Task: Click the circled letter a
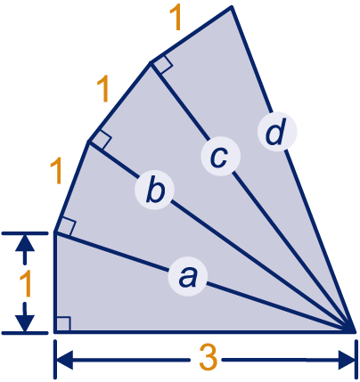tap(187, 277)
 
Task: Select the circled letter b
tap(154, 190)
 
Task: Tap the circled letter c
tap(220, 156)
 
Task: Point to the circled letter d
tap(277, 132)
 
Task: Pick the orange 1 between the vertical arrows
tap(26, 284)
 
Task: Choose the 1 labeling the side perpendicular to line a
tap(56, 171)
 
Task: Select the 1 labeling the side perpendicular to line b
tap(102, 89)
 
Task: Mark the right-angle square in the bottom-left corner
tap(63, 324)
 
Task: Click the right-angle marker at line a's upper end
tap(66, 228)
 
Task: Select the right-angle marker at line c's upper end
tap(162, 64)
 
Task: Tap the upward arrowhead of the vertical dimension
tap(25, 242)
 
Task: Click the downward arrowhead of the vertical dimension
tap(25, 323)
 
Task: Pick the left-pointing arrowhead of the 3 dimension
tap(64, 360)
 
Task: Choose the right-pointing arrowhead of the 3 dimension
tap(346, 360)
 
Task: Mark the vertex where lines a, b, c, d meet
tap(354, 330)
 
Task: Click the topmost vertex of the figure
tap(232, 7)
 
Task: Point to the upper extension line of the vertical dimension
tap(25, 233)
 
